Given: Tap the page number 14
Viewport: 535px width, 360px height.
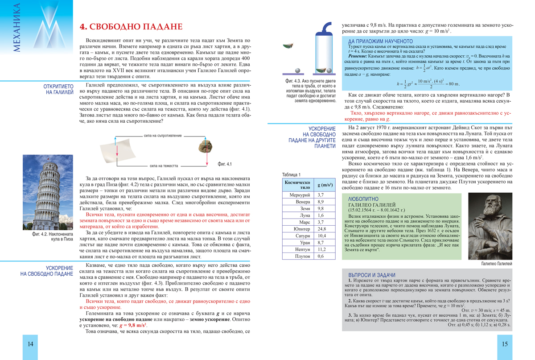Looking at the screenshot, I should pos(30,344).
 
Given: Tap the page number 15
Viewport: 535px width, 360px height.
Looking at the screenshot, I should pos(504,344).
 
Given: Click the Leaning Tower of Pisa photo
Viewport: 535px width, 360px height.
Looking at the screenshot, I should pos(48,192).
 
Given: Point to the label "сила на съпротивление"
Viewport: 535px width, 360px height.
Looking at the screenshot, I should pos(163,135).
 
